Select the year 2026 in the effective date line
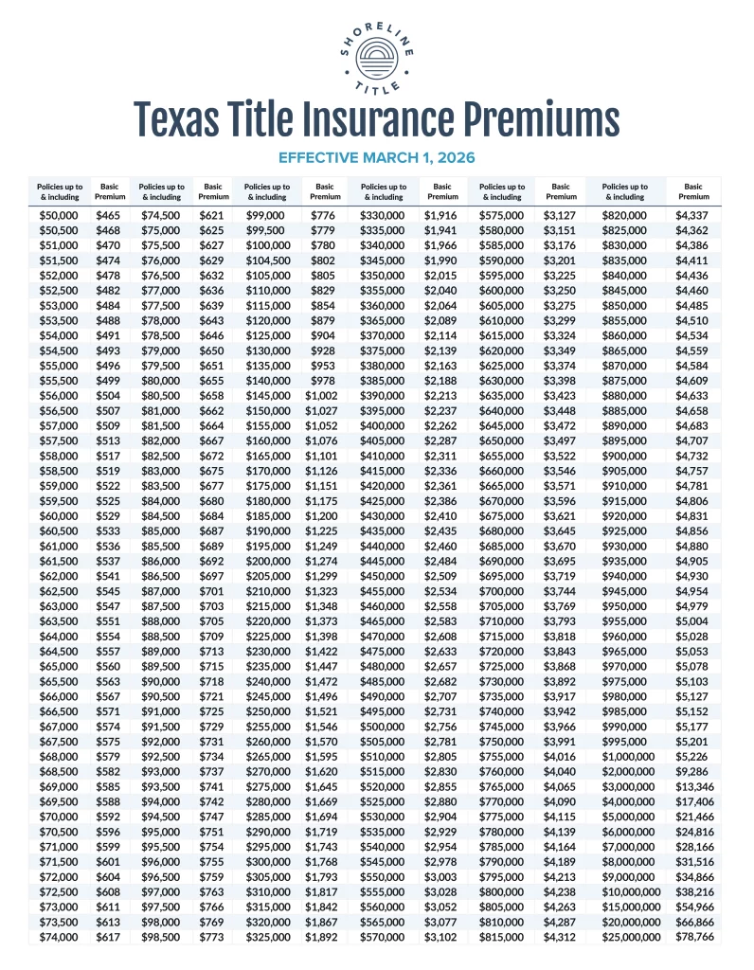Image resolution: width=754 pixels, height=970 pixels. click(x=456, y=156)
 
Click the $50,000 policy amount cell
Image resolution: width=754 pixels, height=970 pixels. click(x=59, y=216)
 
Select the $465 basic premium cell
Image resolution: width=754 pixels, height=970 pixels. click(x=108, y=216)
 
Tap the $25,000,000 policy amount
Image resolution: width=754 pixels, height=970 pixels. click(x=624, y=937)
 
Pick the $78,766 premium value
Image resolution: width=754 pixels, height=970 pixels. click(x=693, y=937)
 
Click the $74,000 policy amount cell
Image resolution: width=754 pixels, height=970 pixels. click(x=59, y=937)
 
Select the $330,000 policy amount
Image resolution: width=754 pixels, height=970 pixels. click(x=385, y=216)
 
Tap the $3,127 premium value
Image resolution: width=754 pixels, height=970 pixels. click(x=561, y=216)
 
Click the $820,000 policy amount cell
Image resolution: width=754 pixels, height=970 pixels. click(x=624, y=216)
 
